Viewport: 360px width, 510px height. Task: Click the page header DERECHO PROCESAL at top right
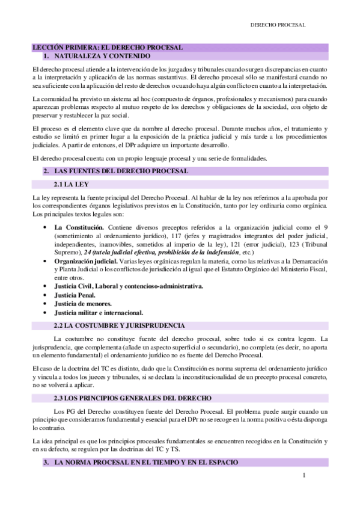tap(278, 25)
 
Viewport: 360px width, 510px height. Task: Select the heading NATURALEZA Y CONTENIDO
tap(96, 55)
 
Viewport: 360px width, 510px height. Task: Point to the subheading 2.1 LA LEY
tap(72, 185)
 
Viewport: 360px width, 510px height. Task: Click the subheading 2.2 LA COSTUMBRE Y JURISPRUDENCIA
tap(119, 325)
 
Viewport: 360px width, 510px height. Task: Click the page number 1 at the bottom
tap(305, 476)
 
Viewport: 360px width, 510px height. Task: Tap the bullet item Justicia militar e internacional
tap(99, 313)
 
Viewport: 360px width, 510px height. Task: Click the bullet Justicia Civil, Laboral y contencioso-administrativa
tap(129, 287)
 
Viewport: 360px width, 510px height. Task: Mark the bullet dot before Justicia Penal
tap(46, 295)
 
